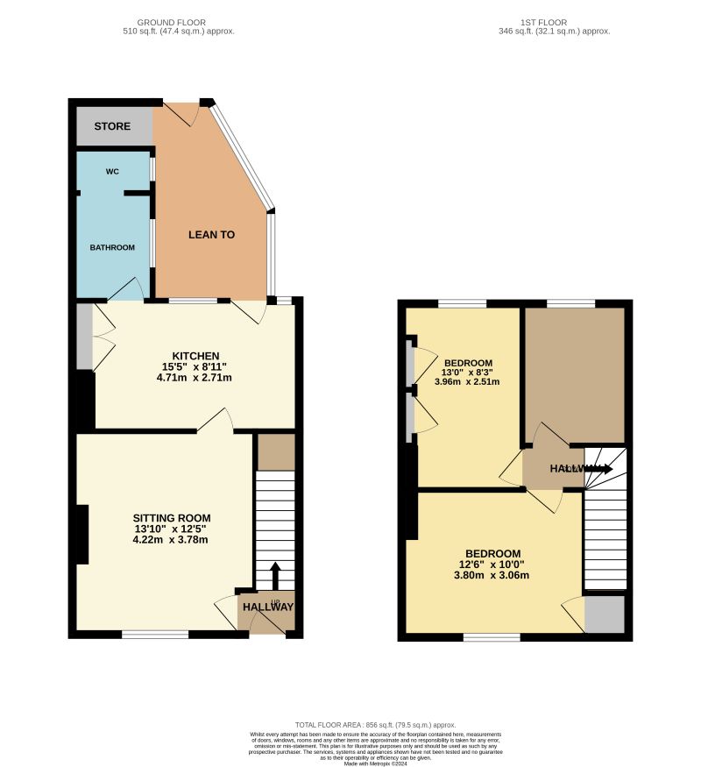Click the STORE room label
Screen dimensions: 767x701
point(112,126)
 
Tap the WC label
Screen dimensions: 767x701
point(112,172)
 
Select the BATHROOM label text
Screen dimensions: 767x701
point(112,248)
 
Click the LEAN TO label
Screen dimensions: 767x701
point(212,235)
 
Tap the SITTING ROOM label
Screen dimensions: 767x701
point(171,518)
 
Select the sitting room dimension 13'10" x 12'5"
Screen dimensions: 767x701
point(171,529)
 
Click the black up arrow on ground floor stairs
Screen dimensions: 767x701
point(275,575)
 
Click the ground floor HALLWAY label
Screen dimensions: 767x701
point(268,607)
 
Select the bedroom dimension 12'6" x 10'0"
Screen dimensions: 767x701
point(492,565)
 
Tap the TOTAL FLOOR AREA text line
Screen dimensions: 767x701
point(375,725)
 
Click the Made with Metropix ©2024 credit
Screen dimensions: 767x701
point(375,763)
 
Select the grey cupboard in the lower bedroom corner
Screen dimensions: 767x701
point(604,614)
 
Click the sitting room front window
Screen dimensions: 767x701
point(155,634)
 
